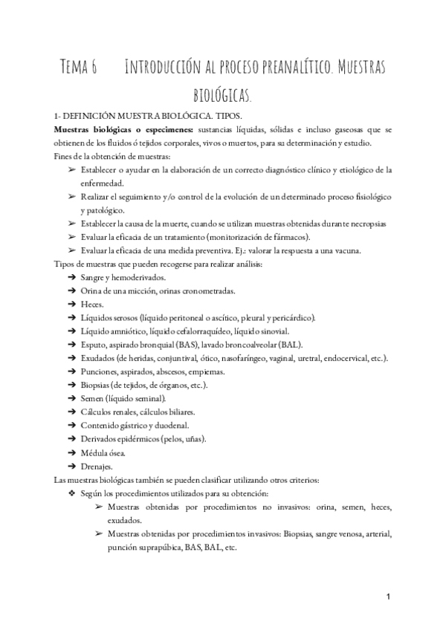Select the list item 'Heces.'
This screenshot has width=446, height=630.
[x=94, y=304]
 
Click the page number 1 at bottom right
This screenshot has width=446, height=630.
[x=389, y=598]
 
